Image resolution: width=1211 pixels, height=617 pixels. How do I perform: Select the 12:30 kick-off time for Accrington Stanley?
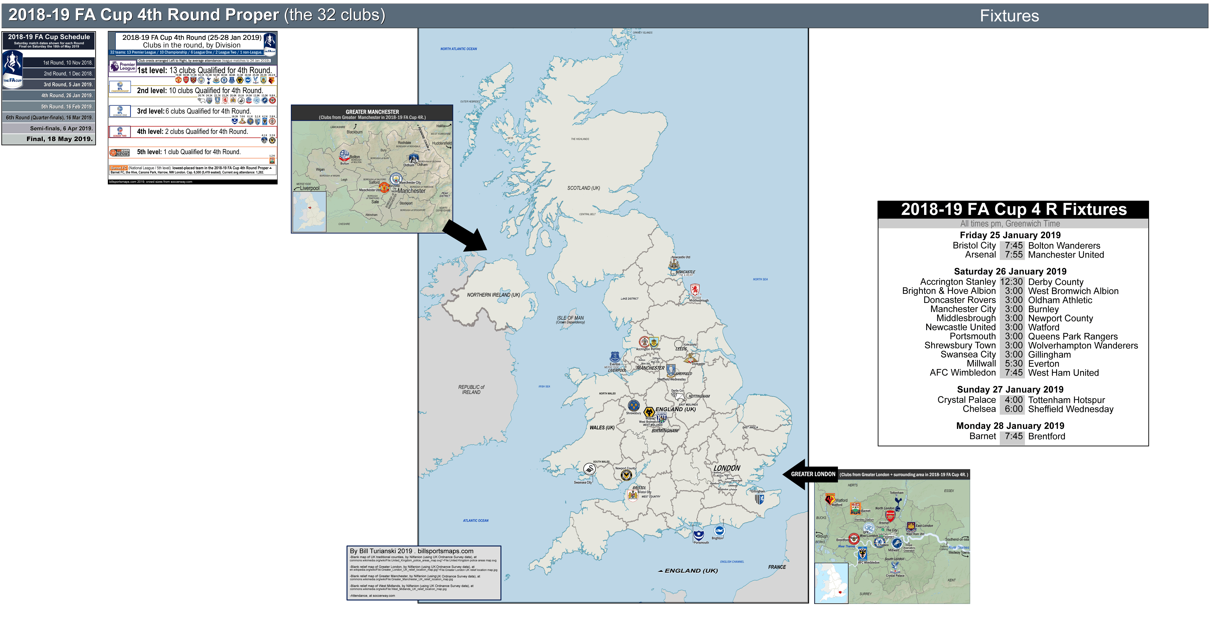point(1011,282)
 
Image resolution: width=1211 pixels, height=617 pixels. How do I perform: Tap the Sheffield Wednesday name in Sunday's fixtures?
point(1070,409)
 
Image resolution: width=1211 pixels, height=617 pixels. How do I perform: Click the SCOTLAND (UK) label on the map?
point(583,188)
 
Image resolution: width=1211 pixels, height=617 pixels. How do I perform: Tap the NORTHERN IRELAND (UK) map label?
point(493,295)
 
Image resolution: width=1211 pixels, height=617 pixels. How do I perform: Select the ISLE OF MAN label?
point(570,318)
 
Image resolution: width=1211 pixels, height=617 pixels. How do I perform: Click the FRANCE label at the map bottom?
point(777,567)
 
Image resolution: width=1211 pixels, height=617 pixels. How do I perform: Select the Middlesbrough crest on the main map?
point(695,289)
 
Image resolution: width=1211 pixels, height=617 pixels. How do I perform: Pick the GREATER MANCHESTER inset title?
point(372,112)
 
